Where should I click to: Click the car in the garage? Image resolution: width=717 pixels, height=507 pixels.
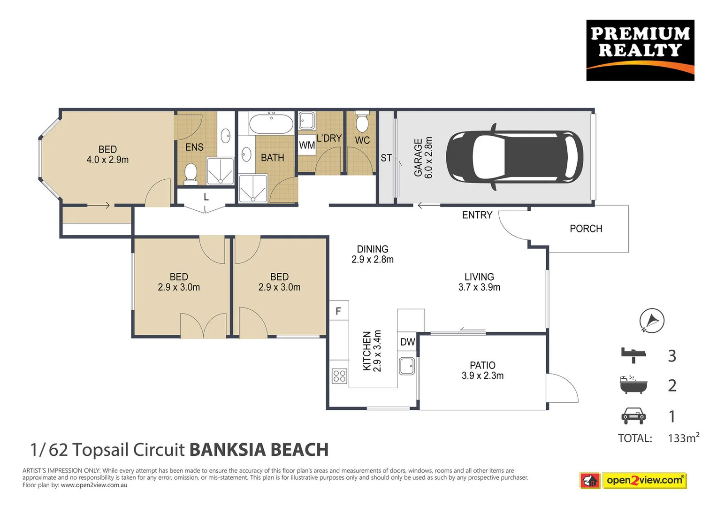(x=514, y=157)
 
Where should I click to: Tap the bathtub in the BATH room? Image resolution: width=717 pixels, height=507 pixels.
(x=271, y=124)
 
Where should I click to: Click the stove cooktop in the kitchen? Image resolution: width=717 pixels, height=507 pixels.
(x=339, y=376)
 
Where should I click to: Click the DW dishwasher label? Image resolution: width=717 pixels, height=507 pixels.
(x=407, y=342)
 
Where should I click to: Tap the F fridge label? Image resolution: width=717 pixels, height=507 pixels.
(x=338, y=311)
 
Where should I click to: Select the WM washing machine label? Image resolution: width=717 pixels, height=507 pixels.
(x=307, y=145)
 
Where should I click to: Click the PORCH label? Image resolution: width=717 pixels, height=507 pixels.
(x=586, y=229)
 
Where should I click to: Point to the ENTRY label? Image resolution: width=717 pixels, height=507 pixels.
(x=477, y=215)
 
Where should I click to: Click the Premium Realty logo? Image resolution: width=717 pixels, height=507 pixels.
(x=640, y=50)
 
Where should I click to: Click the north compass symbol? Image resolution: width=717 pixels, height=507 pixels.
(x=652, y=321)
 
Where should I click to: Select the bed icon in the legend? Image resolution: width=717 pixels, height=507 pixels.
(x=633, y=355)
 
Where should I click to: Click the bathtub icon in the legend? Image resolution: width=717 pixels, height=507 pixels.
(x=633, y=384)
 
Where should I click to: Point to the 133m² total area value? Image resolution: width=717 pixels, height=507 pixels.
(x=683, y=438)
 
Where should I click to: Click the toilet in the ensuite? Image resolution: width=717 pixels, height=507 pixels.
(x=191, y=172)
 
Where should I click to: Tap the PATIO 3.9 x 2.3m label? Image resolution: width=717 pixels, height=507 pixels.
(x=482, y=370)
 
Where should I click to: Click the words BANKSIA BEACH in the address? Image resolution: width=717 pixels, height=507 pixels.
(x=259, y=450)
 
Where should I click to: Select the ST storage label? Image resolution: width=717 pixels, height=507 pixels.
(x=386, y=158)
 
